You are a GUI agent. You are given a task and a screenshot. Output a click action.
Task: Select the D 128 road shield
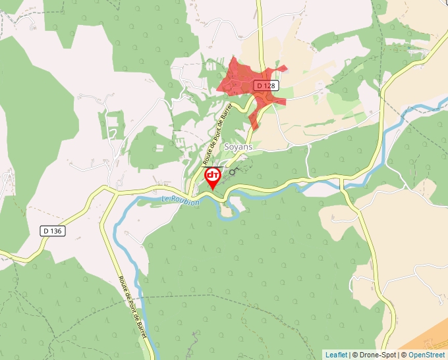(266, 86)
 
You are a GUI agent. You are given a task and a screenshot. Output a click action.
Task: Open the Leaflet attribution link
(335, 355)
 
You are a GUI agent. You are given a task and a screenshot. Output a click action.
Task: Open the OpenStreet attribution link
(426, 355)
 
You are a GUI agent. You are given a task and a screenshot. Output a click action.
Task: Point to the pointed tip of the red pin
(213, 190)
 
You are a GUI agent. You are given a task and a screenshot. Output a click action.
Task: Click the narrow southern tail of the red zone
(254, 119)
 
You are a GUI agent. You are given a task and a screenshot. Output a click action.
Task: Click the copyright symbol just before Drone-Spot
(354, 355)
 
